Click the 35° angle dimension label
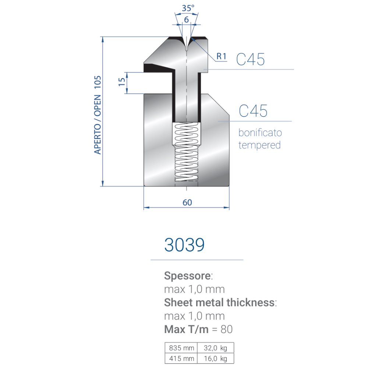188,8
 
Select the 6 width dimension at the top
186,20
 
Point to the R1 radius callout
221,56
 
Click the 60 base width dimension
187,202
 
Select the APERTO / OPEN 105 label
98,115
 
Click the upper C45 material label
250,59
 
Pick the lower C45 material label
253,111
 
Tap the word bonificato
260,132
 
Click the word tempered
259,145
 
